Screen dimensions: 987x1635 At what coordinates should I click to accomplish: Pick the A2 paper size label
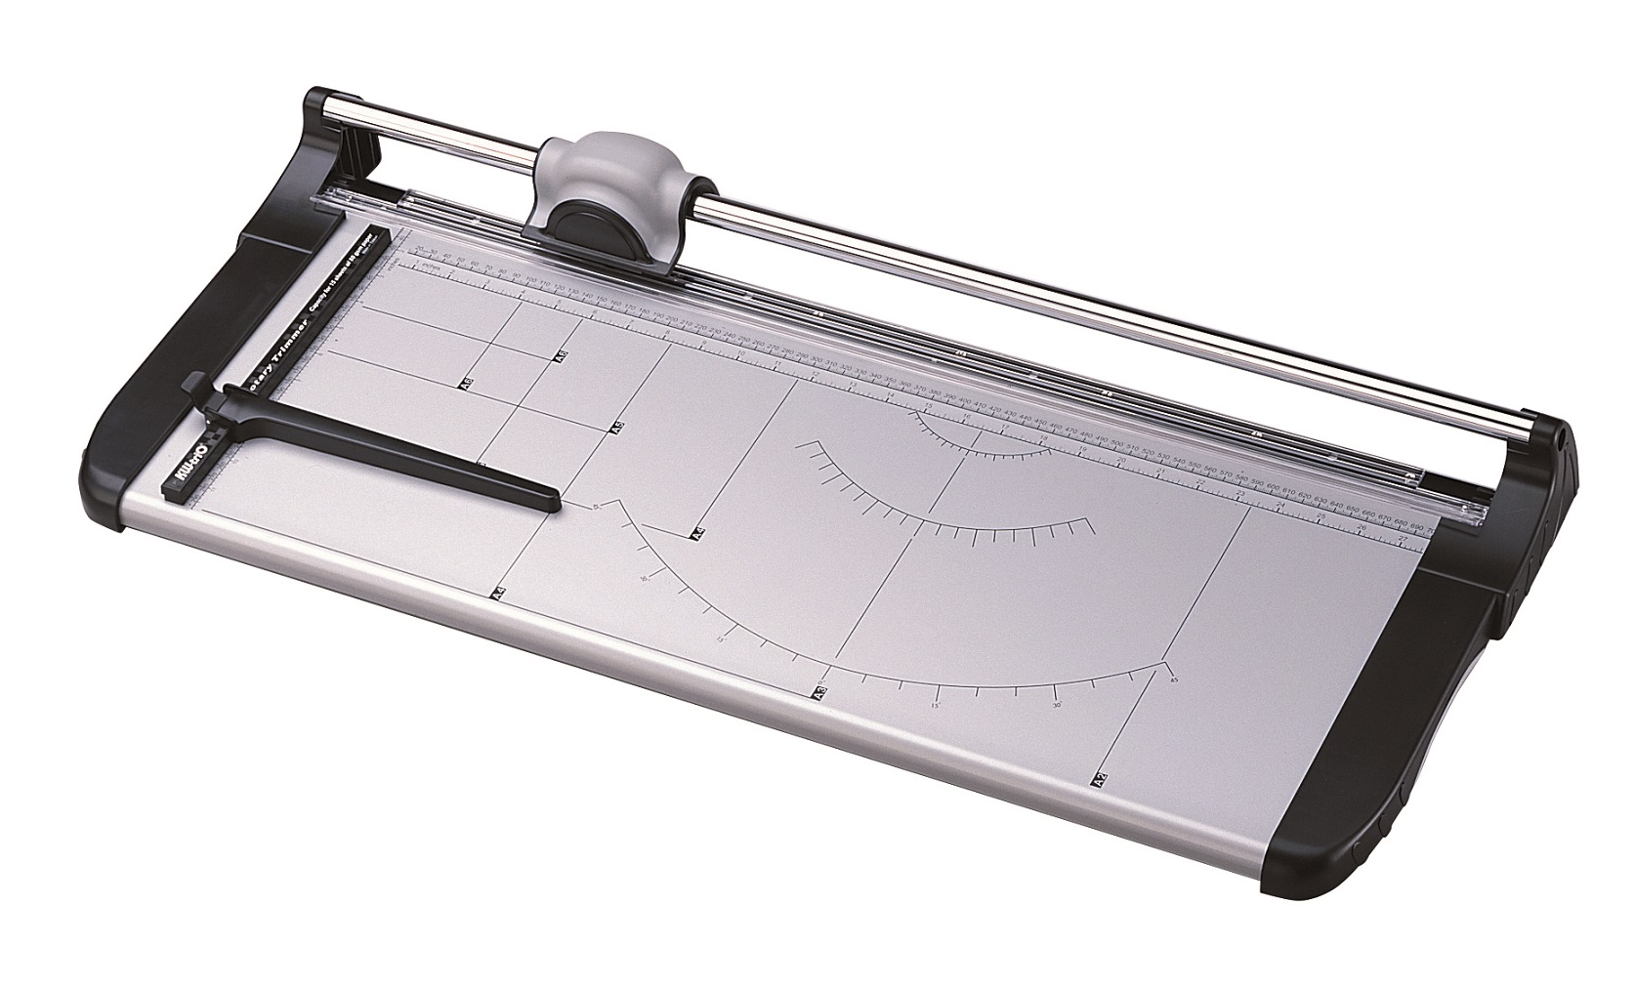(1100, 780)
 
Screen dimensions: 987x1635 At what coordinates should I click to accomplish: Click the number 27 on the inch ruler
(1403, 538)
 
